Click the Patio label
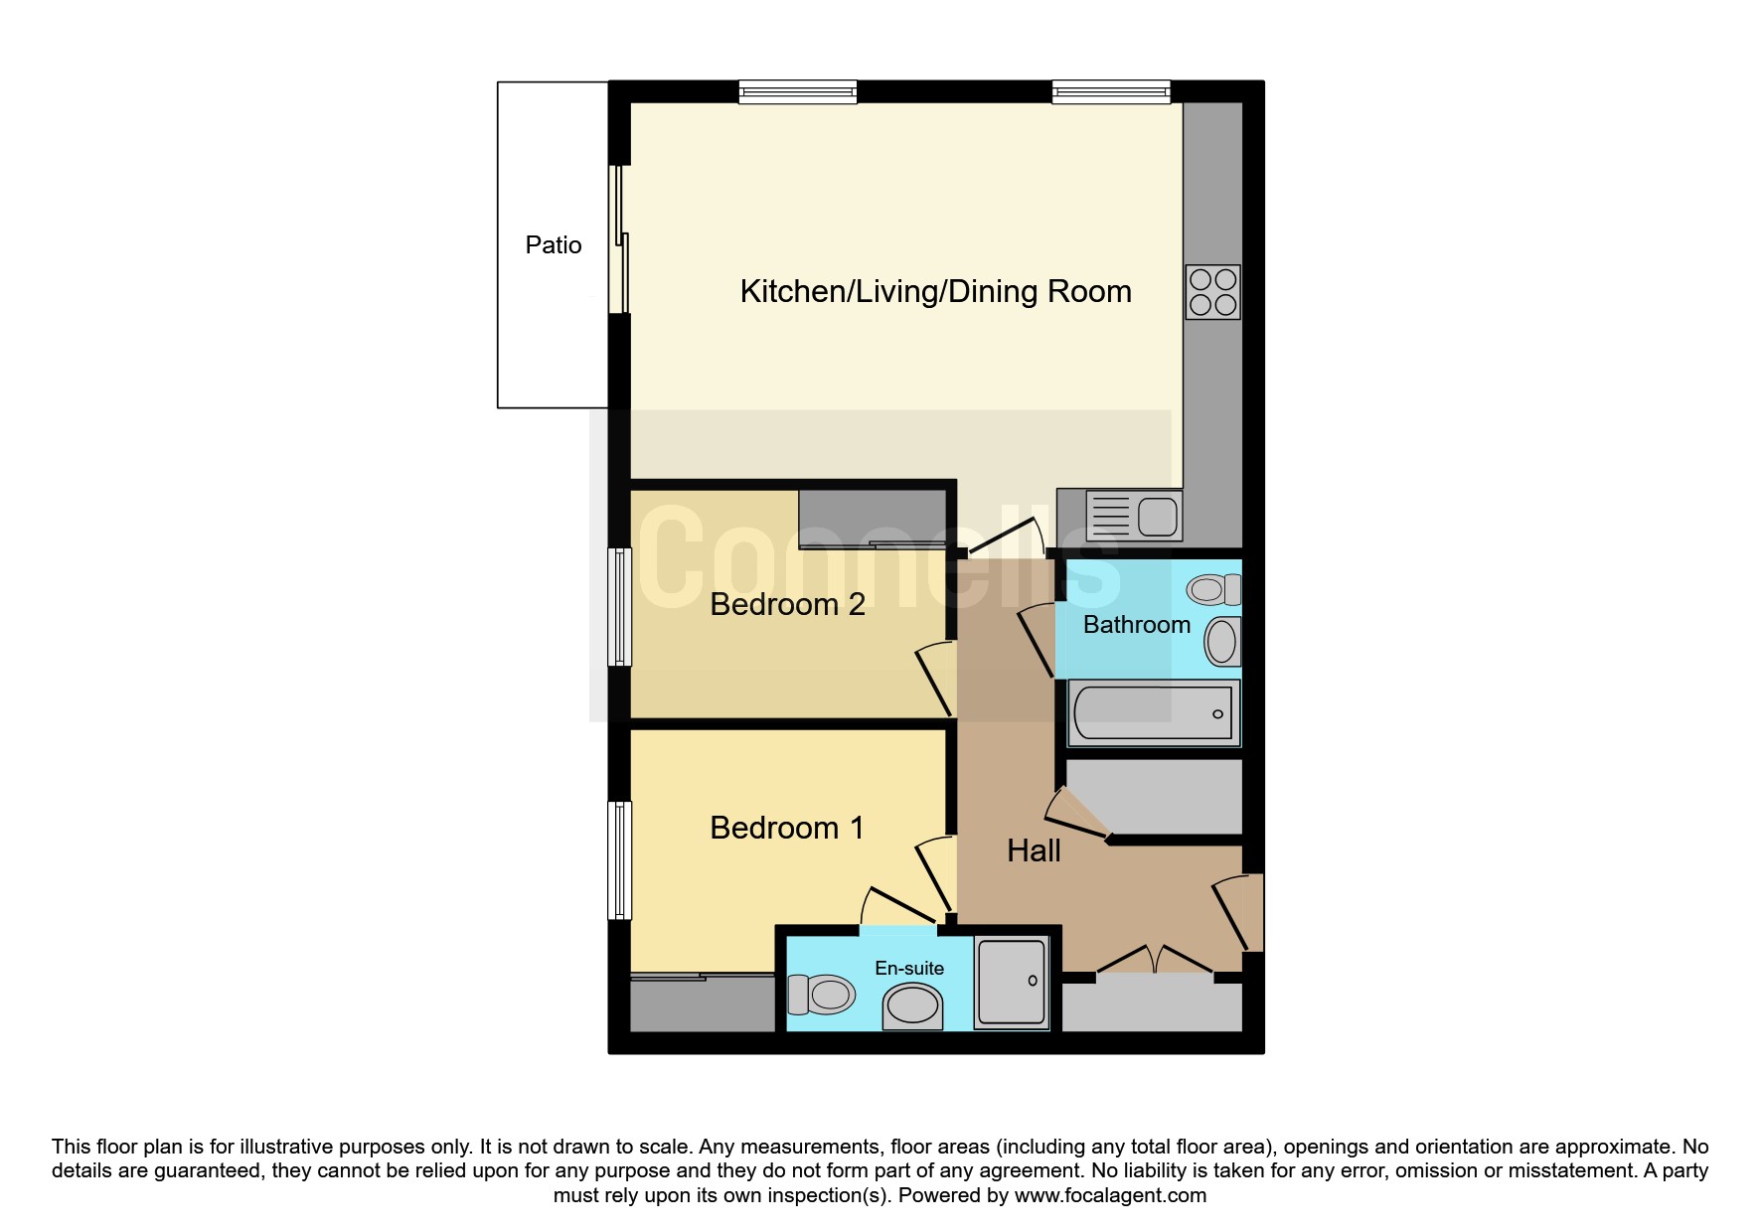[554, 245]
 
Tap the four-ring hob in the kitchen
[1212, 292]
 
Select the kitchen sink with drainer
[1133, 516]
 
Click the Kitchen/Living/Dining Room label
[935, 291]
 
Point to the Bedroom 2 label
[787, 604]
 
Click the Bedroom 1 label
[786, 828]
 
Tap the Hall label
[1034, 850]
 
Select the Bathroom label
[1136, 624]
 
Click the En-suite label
[908, 968]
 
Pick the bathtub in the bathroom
[1154, 713]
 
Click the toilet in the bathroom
[1213, 589]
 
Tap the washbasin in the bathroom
[1222, 641]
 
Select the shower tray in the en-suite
[1012, 982]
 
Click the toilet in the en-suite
[821, 994]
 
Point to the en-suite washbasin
[912, 1005]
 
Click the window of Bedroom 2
[619, 607]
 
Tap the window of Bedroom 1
[619, 860]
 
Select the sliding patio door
[619, 238]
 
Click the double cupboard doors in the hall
[1155, 960]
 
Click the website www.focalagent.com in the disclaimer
[1110, 1195]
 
